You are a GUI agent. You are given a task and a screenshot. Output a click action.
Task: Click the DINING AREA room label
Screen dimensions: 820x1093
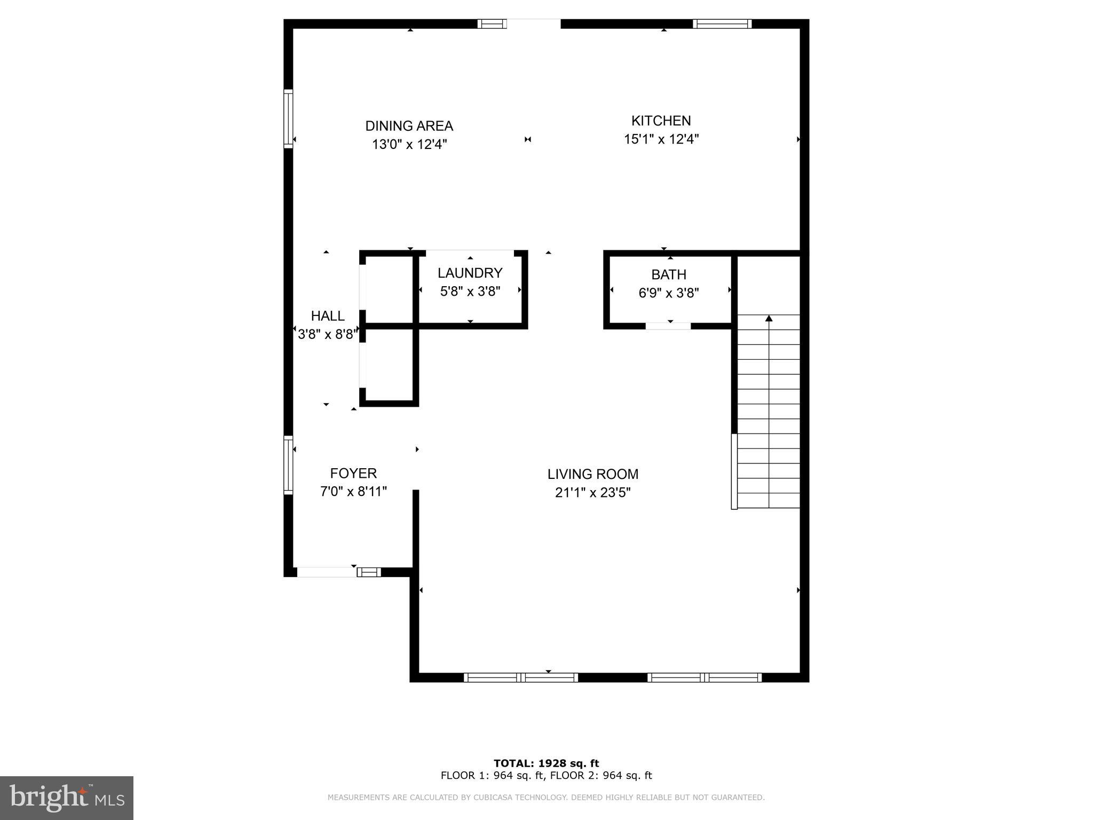pyautogui.click(x=409, y=126)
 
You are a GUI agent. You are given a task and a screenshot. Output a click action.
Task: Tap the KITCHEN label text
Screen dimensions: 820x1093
pyautogui.click(x=661, y=121)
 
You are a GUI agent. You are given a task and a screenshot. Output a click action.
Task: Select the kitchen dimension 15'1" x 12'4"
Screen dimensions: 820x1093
pyautogui.click(x=661, y=139)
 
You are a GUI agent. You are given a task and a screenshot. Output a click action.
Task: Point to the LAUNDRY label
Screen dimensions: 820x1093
pyautogui.click(x=470, y=273)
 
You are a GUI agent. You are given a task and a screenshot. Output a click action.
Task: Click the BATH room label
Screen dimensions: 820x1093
pyautogui.click(x=668, y=274)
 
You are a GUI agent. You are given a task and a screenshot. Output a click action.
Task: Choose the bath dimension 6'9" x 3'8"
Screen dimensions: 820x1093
pyautogui.click(x=668, y=293)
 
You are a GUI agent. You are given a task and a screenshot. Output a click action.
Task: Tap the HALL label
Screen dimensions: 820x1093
pyautogui.click(x=328, y=316)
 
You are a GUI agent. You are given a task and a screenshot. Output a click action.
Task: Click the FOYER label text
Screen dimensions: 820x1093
pyautogui.click(x=353, y=473)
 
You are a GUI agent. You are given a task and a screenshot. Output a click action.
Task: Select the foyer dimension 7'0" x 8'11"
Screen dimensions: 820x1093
pyautogui.click(x=353, y=492)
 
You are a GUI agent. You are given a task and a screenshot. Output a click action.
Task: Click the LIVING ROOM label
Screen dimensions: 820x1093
pyautogui.click(x=592, y=474)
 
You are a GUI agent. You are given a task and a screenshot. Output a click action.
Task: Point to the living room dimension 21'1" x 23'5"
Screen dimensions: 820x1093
pyautogui.click(x=592, y=493)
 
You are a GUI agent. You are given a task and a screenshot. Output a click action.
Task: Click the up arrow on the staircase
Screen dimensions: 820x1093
pyautogui.click(x=769, y=319)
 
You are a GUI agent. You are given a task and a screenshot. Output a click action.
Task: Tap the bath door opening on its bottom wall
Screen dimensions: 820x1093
pyautogui.click(x=668, y=326)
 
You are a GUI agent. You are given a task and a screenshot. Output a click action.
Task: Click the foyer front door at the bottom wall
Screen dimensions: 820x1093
pyautogui.click(x=327, y=572)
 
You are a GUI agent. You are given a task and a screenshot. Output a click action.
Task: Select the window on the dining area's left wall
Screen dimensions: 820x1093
pyautogui.click(x=288, y=119)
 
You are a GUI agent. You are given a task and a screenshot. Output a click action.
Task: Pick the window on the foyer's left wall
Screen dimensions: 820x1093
pyautogui.click(x=288, y=464)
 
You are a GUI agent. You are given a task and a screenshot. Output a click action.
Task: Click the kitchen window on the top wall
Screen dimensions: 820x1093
pyautogui.click(x=722, y=23)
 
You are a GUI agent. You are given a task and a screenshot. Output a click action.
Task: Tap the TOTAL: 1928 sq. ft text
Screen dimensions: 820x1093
pyautogui.click(x=546, y=763)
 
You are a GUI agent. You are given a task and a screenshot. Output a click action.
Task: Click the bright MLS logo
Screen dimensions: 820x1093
pyautogui.click(x=67, y=798)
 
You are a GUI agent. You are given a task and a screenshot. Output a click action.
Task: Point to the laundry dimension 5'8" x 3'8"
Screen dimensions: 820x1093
pyautogui.click(x=470, y=291)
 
